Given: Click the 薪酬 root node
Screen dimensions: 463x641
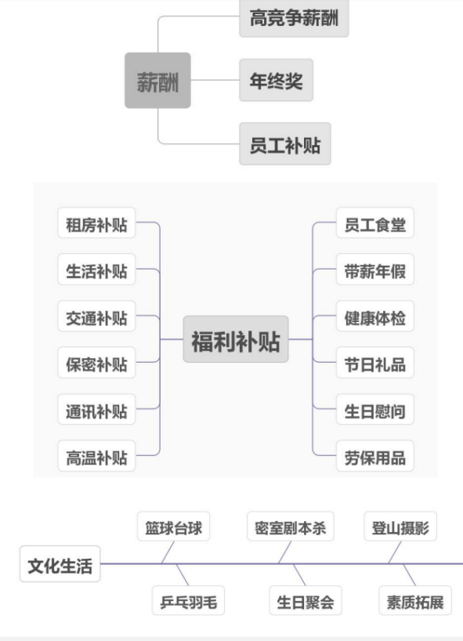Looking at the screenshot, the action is [157, 81].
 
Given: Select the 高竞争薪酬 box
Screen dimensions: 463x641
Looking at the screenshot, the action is [294, 18].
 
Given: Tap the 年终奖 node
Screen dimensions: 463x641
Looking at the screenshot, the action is [277, 80].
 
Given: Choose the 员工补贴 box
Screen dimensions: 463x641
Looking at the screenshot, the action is [285, 144].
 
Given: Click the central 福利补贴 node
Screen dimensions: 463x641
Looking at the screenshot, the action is [236, 339].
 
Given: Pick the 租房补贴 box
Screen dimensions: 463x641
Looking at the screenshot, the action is [96, 223].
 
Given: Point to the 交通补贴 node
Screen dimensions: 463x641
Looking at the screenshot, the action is [96, 316].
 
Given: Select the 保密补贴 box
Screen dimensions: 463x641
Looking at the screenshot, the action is [96, 363].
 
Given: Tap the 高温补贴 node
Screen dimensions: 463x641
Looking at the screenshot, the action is [96, 456].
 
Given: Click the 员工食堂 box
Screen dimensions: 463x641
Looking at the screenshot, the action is [375, 223].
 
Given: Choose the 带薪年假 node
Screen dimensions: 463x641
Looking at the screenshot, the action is [375, 270].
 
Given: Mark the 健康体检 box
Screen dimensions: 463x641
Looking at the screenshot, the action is [375, 316].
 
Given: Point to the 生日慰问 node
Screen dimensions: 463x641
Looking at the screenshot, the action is [375, 409].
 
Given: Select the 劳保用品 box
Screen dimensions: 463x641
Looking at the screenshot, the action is [375, 456].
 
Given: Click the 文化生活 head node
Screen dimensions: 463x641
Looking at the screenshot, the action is [60, 563].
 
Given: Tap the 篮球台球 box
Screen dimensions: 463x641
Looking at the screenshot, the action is [174, 527].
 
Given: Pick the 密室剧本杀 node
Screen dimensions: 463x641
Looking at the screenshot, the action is [291, 527].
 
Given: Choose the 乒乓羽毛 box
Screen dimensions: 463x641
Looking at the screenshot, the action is [188, 600].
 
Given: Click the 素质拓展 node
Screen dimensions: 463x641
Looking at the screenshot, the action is [415, 600].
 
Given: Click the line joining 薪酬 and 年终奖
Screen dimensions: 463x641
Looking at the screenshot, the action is [215, 80].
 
